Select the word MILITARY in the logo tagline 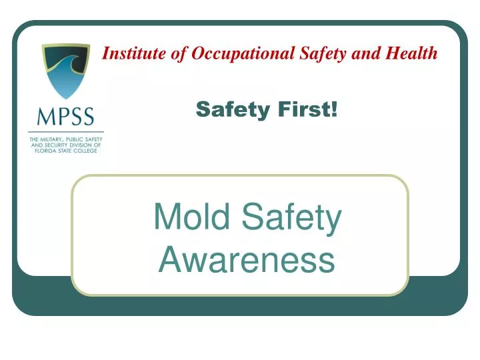click(x=55, y=139)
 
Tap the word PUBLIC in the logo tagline click(x=81, y=139)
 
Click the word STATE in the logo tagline click(x=67, y=151)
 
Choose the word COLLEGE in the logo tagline click(x=87, y=151)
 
